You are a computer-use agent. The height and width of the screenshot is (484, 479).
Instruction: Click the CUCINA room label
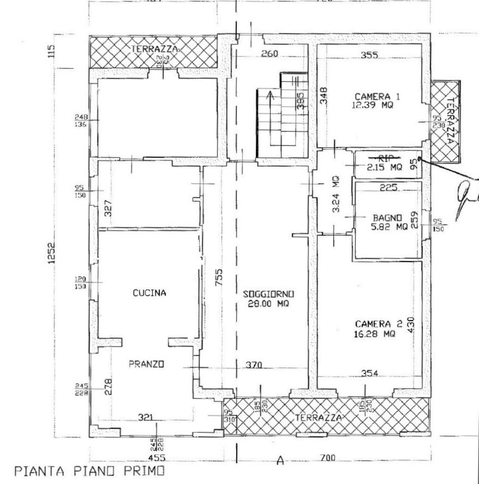[x=149, y=293]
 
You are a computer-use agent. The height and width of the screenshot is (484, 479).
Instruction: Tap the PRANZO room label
[x=146, y=364]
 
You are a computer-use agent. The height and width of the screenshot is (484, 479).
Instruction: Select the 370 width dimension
[x=254, y=364]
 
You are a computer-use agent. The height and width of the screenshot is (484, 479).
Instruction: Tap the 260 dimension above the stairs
[x=269, y=53]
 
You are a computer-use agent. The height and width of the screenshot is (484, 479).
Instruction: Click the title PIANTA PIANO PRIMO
[x=90, y=471]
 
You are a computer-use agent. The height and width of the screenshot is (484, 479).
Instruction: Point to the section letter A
[x=280, y=460]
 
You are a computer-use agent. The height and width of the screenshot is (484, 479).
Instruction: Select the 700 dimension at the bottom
[x=327, y=458]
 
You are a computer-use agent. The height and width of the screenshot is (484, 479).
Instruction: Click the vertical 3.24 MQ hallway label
[x=335, y=194]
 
